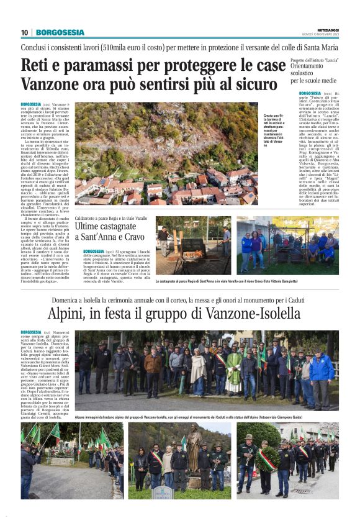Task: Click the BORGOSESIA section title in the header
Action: pyautogui.click(x=60, y=32)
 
